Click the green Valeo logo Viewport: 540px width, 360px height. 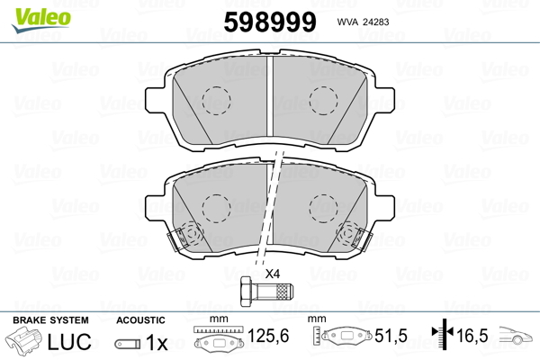pos(41,19)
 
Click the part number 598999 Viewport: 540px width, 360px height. pos(270,22)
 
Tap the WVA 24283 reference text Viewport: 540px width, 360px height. pos(363,22)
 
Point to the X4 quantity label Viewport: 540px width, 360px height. pos(273,274)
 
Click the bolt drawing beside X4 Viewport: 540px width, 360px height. pos(266,292)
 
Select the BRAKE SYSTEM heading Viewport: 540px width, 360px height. pos(50,320)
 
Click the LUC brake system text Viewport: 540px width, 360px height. pos(69,342)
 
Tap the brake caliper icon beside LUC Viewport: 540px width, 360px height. pos(23,341)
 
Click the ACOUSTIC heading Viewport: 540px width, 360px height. pos(140,320)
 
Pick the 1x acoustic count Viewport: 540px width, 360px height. pos(157,343)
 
